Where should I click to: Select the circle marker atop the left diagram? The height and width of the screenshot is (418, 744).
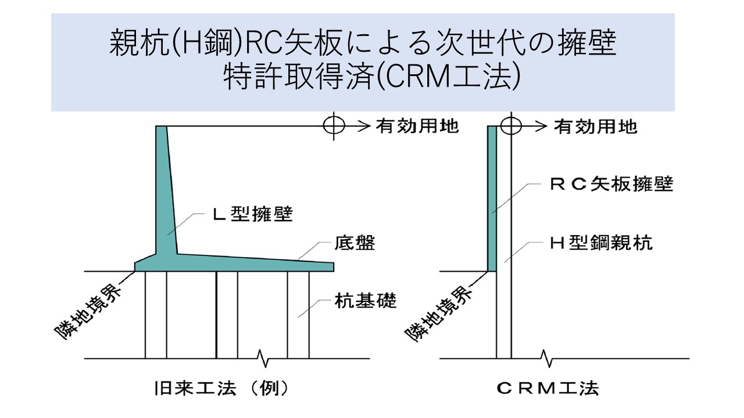point(334,125)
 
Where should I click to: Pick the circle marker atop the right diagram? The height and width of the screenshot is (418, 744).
point(510,125)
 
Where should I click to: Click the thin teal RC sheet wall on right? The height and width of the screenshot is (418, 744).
point(492,197)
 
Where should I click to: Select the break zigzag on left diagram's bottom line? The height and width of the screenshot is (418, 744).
point(264,359)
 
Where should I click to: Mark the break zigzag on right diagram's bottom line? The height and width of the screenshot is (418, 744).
point(545,359)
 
